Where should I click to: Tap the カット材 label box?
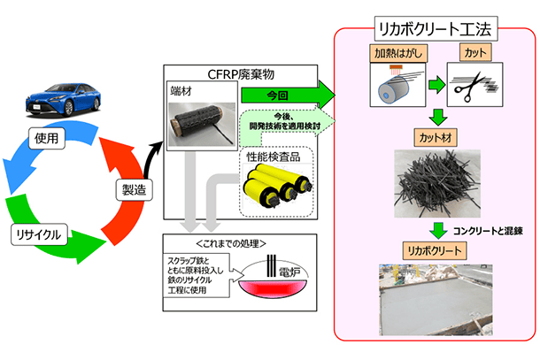tap(436, 138)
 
